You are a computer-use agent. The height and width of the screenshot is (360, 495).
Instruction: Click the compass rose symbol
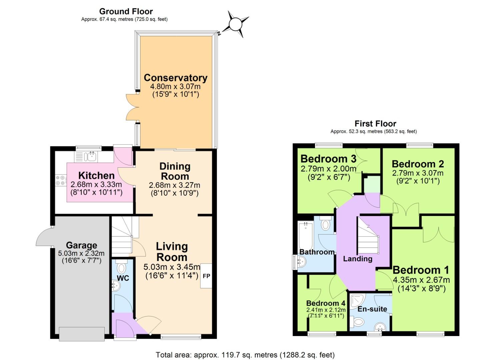click(x=236, y=24)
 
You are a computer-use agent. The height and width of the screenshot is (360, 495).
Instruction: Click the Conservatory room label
click(x=176, y=78)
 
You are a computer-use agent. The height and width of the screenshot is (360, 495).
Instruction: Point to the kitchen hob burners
click(x=61, y=181)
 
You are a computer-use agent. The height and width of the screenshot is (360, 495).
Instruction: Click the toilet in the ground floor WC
click(x=122, y=268)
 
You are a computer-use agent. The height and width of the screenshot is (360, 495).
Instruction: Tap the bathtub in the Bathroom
click(x=305, y=235)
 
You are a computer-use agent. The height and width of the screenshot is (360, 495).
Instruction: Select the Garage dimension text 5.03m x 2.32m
click(x=81, y=253)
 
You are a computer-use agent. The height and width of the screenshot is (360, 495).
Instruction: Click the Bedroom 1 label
click(x=421, y=270)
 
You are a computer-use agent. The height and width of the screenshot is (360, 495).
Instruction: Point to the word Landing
click(x=358, y=259)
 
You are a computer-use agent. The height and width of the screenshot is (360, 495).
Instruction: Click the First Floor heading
click(x=375, y=124)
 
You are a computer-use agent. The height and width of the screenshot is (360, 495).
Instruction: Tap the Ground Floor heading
click(x=126, y=12)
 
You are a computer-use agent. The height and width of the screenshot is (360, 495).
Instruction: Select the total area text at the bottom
click(x=245, y=355)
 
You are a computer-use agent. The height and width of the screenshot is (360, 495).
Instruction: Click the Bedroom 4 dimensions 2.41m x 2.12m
click(x=326, y=310)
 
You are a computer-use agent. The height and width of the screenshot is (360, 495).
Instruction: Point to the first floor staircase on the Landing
click(x=368, y=240)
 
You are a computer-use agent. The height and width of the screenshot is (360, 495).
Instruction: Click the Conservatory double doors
click(x=132, y=107)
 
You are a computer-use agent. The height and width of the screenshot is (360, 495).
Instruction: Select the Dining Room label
click(x=175, y=171)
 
